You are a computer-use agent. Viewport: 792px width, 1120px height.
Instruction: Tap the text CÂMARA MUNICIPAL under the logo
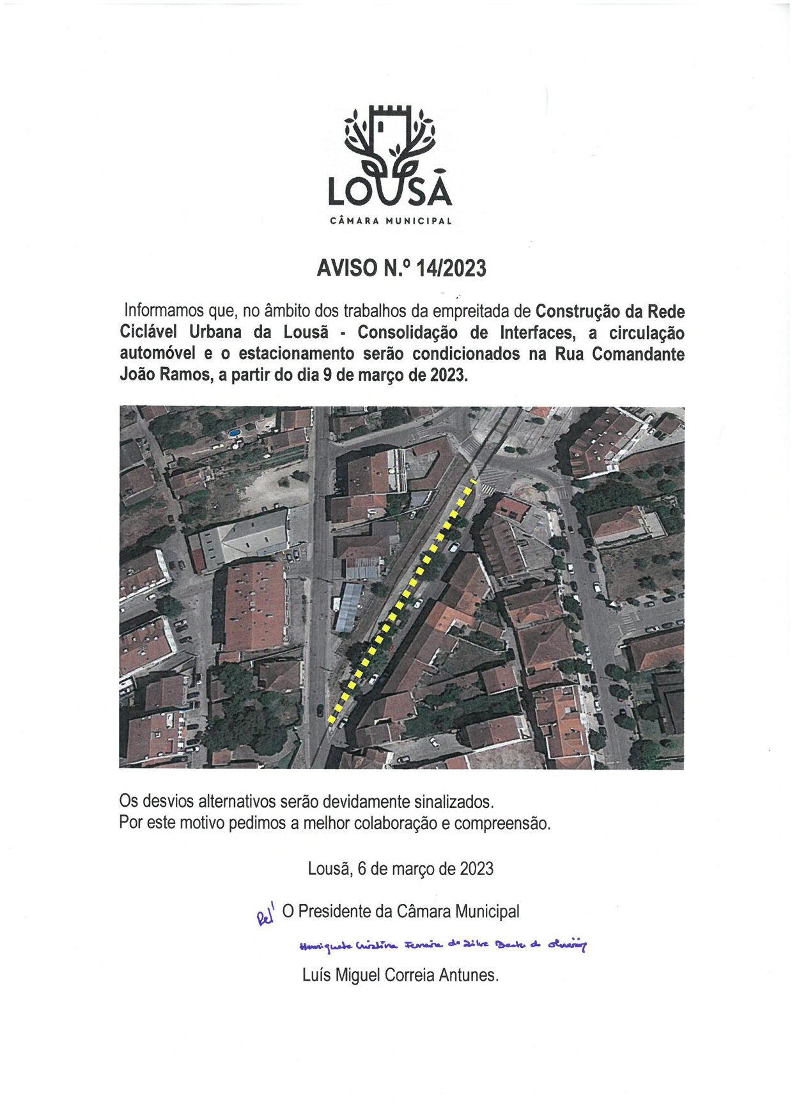tap(391, 221)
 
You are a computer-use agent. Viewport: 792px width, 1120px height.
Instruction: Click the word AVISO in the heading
tap(347, 268)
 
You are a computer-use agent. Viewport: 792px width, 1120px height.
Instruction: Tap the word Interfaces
tap(537, 332)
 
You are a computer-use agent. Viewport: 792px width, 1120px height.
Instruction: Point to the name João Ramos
tap(164, 375)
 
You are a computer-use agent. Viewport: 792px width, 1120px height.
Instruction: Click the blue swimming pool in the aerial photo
tap(235, 433)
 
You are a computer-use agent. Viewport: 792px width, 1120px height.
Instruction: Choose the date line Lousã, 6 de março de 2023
tap(400, 868)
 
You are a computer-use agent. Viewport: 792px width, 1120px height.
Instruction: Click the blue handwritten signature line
tap(442, 945)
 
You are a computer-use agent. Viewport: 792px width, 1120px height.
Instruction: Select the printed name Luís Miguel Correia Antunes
tap(400, 975)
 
